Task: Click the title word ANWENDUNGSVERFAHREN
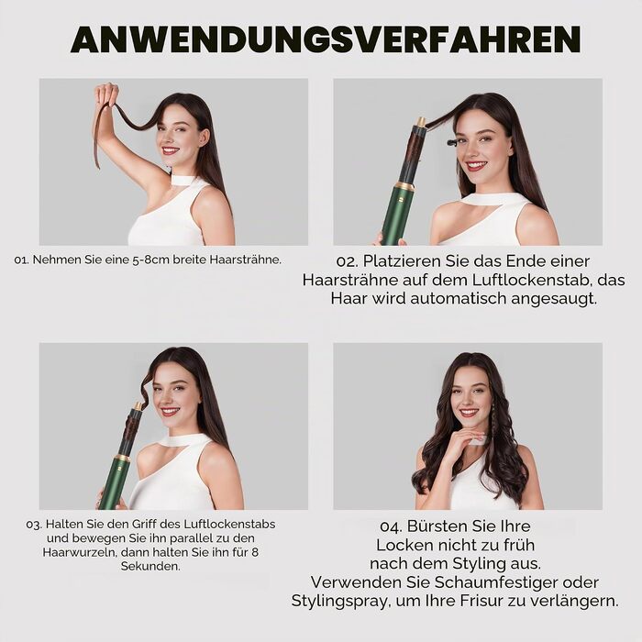point(326,39)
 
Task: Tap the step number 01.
point(21,260)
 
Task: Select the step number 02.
point(347,261)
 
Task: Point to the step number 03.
point(34,525)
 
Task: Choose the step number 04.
point(391,526)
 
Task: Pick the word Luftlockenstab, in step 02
point(532,280)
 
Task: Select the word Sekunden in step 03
point(149,567)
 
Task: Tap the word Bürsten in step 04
point(434,526)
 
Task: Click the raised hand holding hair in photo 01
point(106,94)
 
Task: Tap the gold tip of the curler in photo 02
point(420,122)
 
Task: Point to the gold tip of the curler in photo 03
point(138,406)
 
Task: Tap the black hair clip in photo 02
point(451,143)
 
